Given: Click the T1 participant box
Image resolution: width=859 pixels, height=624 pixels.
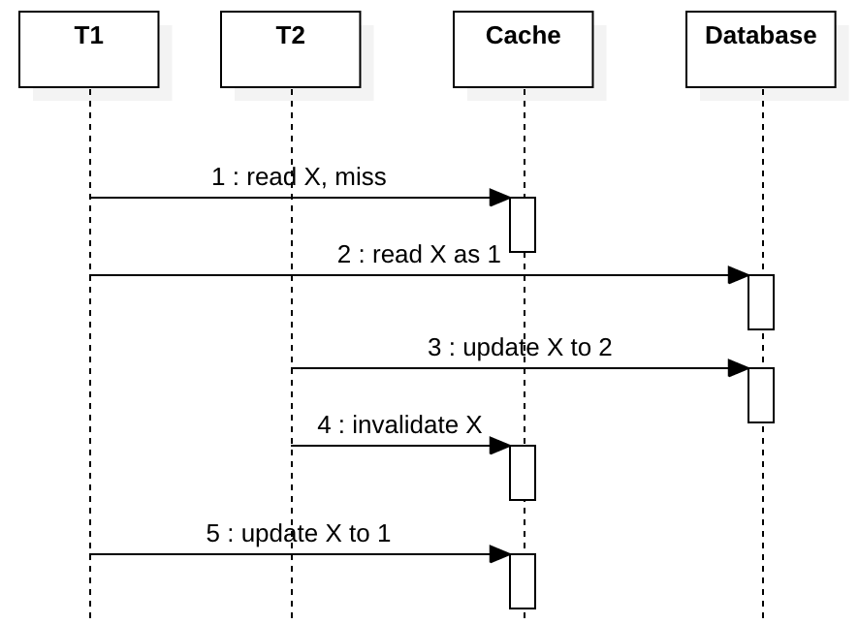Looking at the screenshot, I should pos(89,49).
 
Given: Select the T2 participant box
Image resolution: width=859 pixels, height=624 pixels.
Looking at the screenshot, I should pos(291,49).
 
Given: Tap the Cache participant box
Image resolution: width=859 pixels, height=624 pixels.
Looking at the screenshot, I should pos(524,49).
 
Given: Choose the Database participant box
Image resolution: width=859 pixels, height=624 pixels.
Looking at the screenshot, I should pos(761,49).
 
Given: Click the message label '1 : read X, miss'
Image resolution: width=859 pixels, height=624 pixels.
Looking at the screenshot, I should pos(299,177).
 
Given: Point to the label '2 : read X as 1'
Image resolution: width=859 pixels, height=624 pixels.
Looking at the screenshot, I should pos(419,255).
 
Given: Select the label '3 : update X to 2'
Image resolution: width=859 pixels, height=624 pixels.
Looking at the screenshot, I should pos(520,348).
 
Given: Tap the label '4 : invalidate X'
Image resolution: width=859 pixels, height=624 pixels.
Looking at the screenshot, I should pos(399,425).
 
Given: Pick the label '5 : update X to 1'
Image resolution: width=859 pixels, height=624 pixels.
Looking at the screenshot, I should pos(299,534).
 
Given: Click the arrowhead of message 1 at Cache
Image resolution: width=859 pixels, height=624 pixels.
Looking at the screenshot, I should pos(500,198).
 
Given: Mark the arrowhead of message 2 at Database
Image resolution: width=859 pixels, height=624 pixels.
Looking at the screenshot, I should pos(739,275).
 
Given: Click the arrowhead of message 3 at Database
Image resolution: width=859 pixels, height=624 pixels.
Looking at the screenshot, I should pos(739,368).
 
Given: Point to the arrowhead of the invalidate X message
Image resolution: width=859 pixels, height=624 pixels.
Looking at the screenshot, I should pos(500,446).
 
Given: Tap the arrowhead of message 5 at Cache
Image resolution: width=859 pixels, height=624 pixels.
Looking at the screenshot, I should pos(500,554).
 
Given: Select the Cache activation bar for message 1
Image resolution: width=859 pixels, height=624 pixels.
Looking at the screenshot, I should pos(523,225).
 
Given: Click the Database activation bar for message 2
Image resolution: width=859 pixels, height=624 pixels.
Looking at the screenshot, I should pos(761,302).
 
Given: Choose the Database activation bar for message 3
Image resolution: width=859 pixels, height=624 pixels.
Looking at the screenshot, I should pos(761,395).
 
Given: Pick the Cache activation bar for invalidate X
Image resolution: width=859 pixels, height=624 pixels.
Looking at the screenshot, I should pos(523,473).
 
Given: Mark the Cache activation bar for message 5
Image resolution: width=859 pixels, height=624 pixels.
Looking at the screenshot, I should pos(523,581).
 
